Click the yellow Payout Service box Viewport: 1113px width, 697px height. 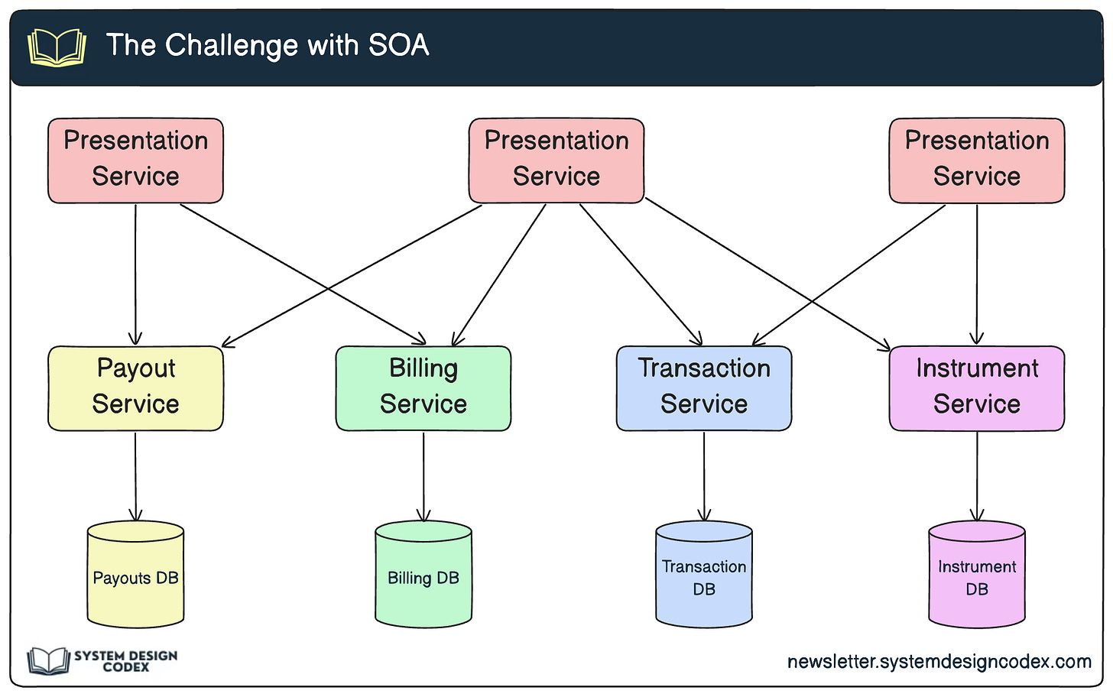tap(135, 388)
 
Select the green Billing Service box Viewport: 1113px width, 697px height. tap(423, 388)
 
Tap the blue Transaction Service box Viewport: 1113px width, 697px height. tap(704, 388)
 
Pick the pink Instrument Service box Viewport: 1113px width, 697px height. tap(977, 388)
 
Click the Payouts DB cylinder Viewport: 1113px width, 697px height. tap(135, 574)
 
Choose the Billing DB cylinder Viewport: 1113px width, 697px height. tap(423, 574)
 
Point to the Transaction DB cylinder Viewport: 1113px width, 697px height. tap(704, 574)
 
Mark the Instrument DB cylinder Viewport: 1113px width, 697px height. tap(977, 574)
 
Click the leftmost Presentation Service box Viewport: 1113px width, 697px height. tap(135, 160)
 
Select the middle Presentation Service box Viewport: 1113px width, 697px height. tap(556, 160)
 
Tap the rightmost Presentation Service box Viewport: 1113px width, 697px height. tap(977, 160)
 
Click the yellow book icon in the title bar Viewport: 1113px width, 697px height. tap(57, 47)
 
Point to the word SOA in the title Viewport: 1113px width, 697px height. tap(398, 45)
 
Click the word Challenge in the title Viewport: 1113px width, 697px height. tap(232, 46)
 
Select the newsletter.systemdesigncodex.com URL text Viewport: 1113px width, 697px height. tap(939, 662)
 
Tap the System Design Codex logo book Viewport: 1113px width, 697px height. tap(48, 661)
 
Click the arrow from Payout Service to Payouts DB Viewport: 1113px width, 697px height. tap(135, 476)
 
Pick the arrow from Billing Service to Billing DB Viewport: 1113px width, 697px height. tap(423, 476)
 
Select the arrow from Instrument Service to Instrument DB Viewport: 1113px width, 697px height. tap(977, 476)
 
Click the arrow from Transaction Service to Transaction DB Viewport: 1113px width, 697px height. tap(704, 476)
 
